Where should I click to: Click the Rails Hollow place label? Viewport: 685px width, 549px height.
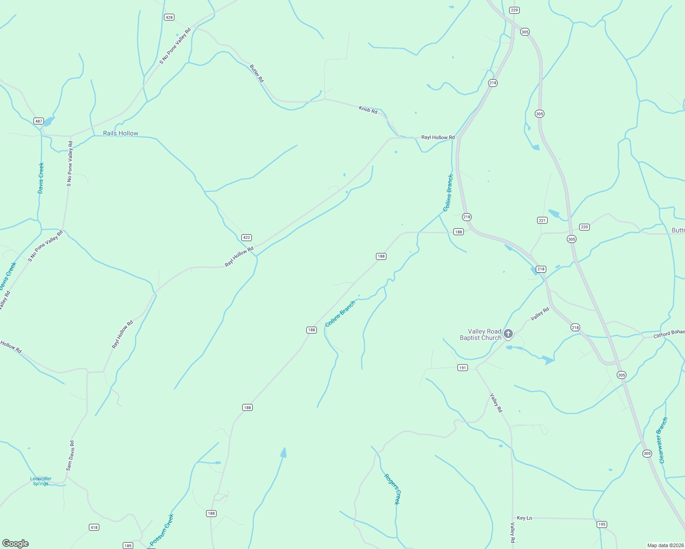[120, 134]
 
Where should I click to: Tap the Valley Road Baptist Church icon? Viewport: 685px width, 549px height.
[508, 334]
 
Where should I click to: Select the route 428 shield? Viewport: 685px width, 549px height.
[169, 17]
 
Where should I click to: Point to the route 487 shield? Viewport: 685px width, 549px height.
[38, 121]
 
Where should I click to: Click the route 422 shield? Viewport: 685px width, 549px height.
[246, 237]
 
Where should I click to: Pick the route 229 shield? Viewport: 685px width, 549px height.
[514, 10]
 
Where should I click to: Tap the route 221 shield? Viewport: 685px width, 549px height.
[542, 221]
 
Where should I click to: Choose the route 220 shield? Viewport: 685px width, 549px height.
[584, 227]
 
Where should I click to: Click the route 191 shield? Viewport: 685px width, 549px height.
[462, 368]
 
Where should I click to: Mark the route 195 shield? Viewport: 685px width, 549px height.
[602, 524]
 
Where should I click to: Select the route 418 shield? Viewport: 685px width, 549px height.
[94, 527]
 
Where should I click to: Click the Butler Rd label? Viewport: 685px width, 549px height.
[257, 73]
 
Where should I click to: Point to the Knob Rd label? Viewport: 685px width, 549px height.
[368, 110]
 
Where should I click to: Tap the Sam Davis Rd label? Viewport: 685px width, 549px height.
[70, 456]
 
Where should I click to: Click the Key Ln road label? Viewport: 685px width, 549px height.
[524, 518]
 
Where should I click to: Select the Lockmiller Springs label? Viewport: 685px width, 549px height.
[41, 481]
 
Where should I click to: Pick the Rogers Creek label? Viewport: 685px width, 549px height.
[392, 489]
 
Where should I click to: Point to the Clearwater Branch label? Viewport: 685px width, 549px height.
[663, 440]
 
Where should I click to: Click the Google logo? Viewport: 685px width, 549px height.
[16, 544]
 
